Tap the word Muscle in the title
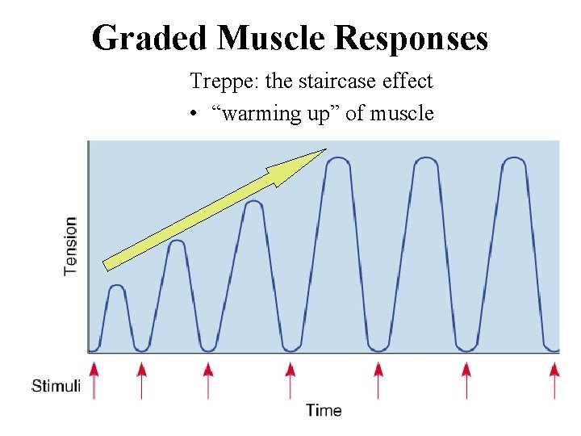point(270,38)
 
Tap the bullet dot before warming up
point(194,114)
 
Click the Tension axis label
point(71,245)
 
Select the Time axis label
point(324,410)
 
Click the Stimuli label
point(56,386)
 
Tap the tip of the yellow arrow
point(324,149)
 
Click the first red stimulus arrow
point(94,379)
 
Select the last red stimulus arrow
point(554,379)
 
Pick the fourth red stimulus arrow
point(290,379)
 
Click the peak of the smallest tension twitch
point(116,286)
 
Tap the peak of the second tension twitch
point(178,241)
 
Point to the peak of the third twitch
point(253,202)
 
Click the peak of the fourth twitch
point(338,159)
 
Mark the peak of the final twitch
point(513,159)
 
